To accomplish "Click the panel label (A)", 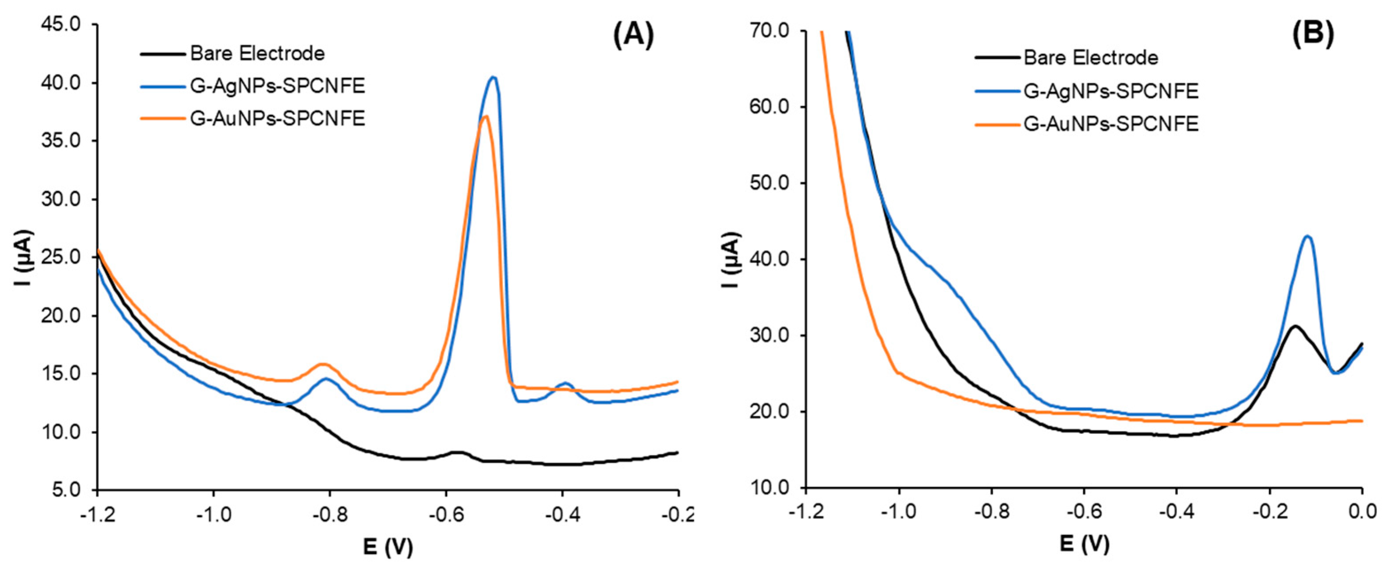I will point(634,37).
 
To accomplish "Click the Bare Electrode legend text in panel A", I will point(257,54).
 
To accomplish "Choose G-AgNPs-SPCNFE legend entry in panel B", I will point(1110,91).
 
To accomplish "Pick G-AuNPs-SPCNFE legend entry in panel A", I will point(277,118).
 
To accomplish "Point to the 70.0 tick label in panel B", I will point(769,31).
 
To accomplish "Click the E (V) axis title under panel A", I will point(388,548).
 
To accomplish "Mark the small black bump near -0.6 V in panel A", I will point(457,453).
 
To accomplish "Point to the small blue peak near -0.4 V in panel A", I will point(565,384).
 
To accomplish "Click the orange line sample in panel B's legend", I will point(997,124).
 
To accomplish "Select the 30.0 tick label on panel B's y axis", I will point(769,335).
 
